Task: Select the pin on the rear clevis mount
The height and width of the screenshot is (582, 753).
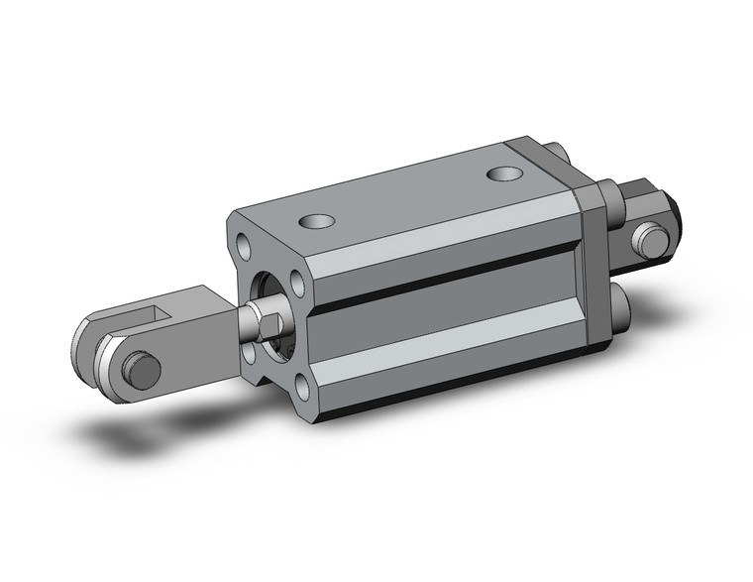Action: (x=650, y=239)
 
